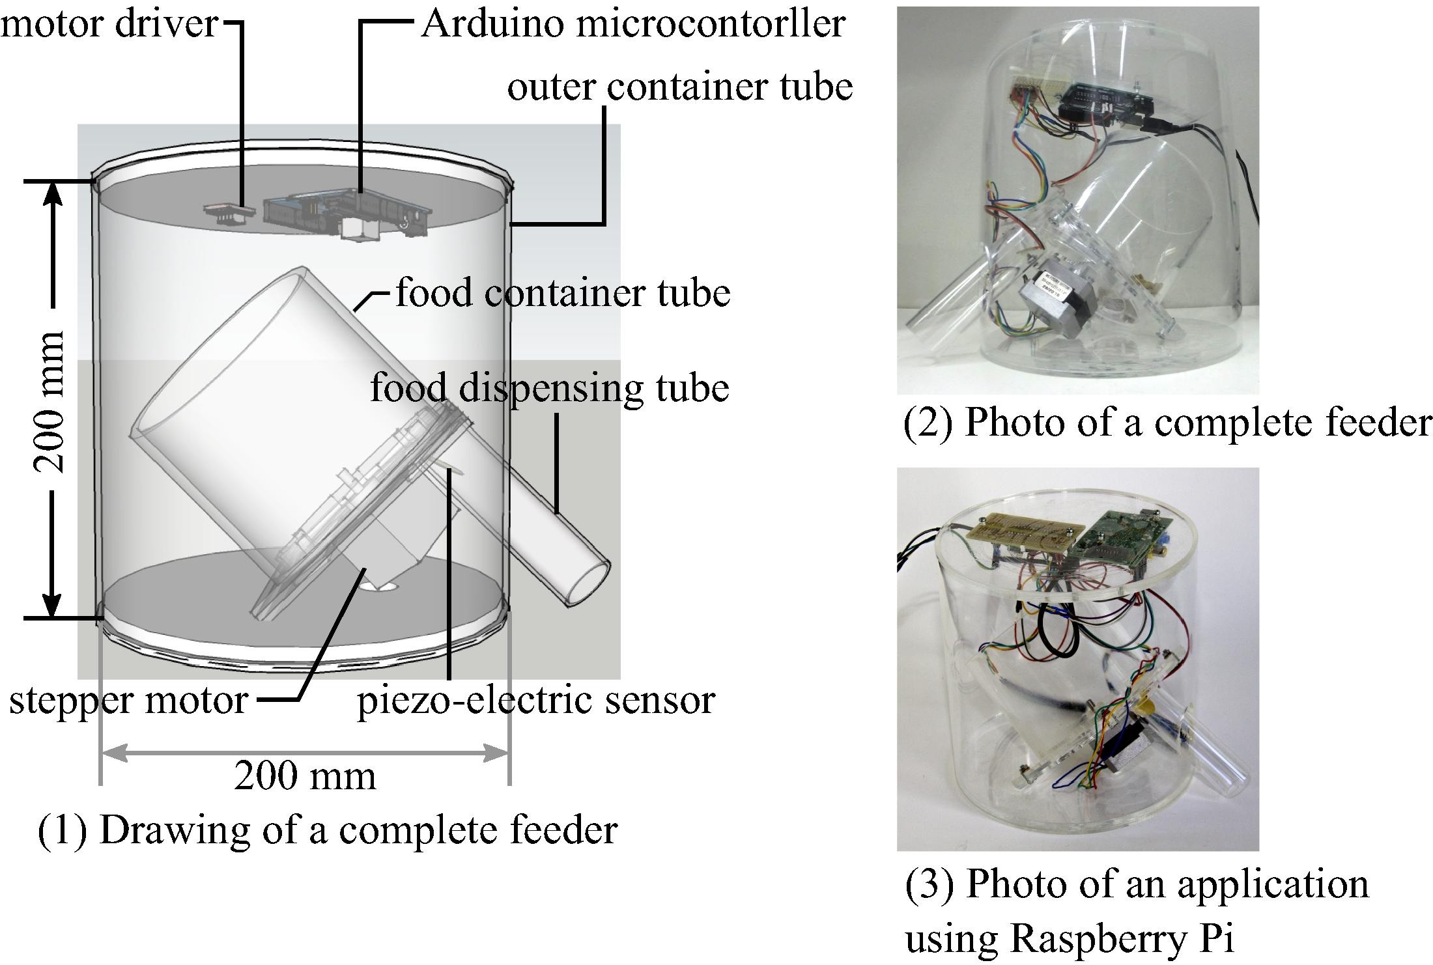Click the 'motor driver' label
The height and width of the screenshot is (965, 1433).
(x=109, y=23)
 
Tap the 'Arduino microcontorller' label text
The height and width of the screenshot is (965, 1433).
(x=633, y=23)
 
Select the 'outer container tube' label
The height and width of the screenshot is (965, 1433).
(x=680, y=87)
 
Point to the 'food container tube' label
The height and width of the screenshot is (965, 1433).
(x=563, y=292)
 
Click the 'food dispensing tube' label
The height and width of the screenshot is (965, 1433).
(x=550, y=388)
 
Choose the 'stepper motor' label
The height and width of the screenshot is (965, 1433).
(x=128, y=701)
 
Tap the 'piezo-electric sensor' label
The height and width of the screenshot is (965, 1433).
(x=536, y=701)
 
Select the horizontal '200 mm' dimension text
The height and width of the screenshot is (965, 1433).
(x=305, y=776)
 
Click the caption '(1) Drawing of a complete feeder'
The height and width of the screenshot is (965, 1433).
(x=328, y=830)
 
